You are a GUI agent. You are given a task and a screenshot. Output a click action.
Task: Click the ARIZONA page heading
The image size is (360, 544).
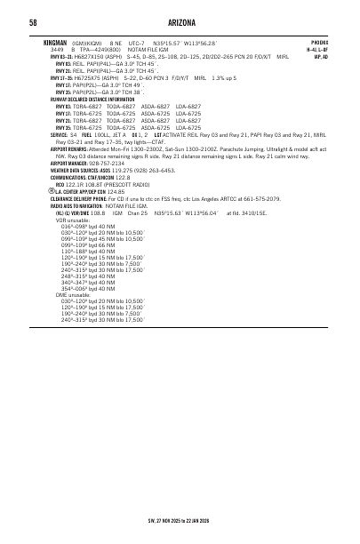coord(180,22)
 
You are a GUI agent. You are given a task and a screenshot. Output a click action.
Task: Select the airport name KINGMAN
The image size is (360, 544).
coord(55,42)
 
